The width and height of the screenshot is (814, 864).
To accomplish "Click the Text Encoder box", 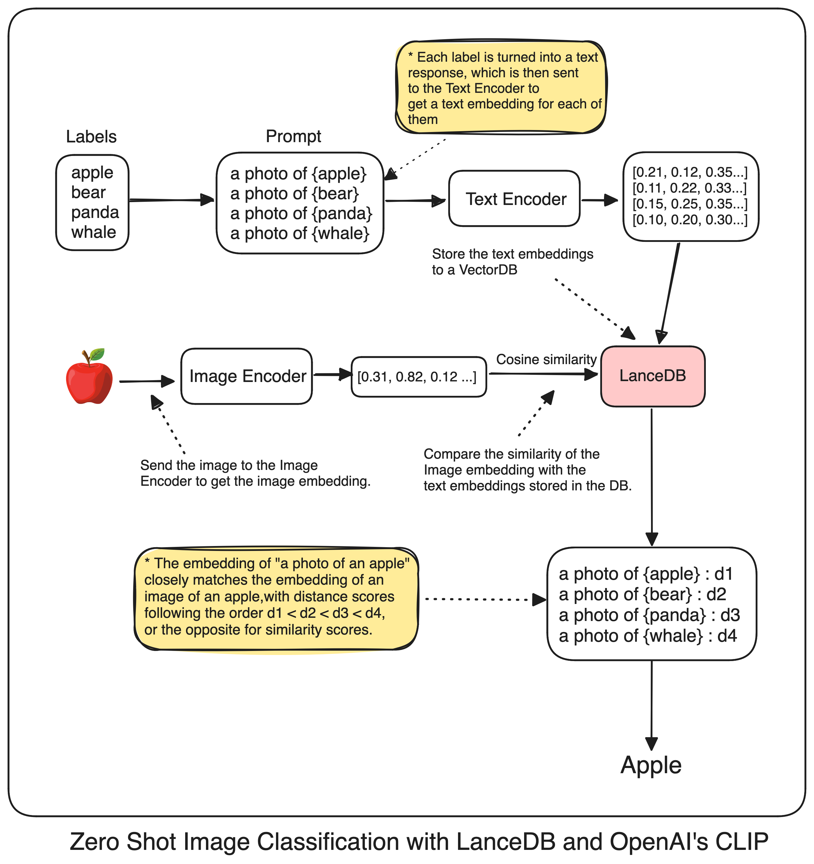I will [x=514, y=199].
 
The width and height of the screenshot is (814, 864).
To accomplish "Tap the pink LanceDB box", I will [x=652, y=376].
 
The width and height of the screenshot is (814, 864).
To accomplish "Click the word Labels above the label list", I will [x=91, y=136].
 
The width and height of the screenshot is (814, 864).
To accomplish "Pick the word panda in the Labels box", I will [x=95, y=212].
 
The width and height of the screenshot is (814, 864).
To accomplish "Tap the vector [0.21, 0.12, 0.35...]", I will [x=690, y=172].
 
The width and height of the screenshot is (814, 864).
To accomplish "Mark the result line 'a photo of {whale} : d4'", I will [x=648, y=636].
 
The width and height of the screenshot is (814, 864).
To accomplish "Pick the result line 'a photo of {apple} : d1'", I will [x=646, y=574].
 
